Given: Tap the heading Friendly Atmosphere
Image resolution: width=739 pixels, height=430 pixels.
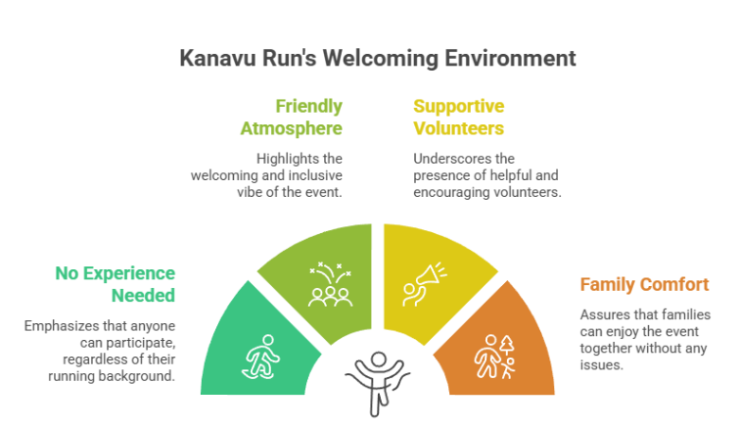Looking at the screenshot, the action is pyautogui.click(x=291, y=117).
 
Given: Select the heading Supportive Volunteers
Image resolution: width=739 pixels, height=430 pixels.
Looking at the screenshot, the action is pyautogui.click(x=459, y=117).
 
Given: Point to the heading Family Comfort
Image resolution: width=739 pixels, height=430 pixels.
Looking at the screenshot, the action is pyautogui.click(x=644, y=284).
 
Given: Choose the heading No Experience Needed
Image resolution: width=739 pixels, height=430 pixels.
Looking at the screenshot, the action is pyautogui.click(x=115, y=284).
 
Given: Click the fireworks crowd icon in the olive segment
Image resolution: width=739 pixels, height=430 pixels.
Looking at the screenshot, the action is pyautogui.click(x=331, y=284).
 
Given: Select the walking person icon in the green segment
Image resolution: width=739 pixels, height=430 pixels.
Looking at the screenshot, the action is pyautogui.click(x=261, y=356).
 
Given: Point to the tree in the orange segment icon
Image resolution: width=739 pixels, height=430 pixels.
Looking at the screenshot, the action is pyautogui.click(x=507, y=345).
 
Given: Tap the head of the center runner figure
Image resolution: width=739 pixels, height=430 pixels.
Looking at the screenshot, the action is pyautogui.click(x=378, y=359).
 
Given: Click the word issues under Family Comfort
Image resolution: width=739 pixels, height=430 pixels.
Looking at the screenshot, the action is pyautogui.click(x=602, y=365).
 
